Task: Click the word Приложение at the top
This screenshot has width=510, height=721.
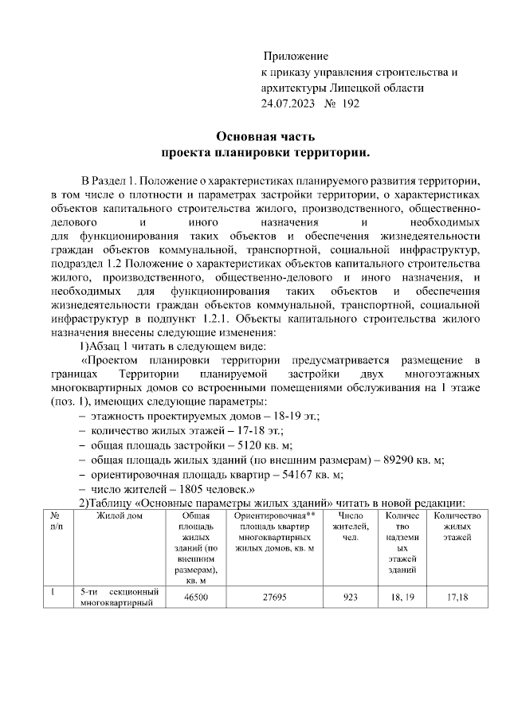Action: coord(296,57)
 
